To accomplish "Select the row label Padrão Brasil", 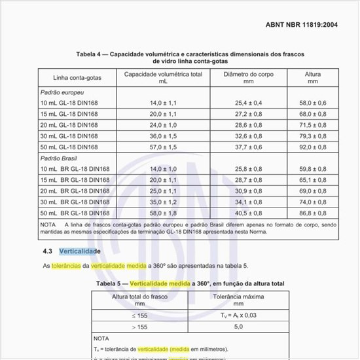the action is point(59,158).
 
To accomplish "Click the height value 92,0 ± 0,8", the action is point(312,147).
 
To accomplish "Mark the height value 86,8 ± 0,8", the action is point(312,213).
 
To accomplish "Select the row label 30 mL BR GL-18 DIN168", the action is point(75,202).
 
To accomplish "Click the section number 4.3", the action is point(47,251).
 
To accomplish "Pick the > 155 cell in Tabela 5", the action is point(139,326).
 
